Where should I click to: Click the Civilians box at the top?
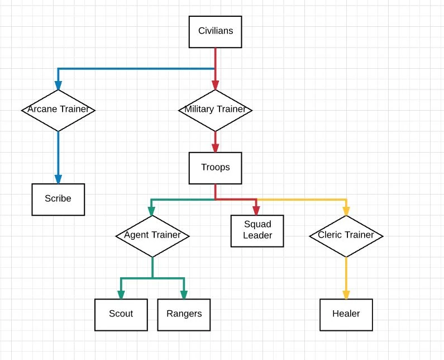tap(215, 31)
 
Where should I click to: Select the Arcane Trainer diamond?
tap(58, 110)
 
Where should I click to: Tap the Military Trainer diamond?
tap(215, 110)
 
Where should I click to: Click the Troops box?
tap(215, 167)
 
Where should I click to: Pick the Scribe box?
tap(58, 198)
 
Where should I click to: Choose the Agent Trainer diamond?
tap(152, 235)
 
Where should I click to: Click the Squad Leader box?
tap(257, 230)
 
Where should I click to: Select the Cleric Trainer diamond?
tap(346, 235)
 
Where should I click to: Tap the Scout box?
tap(121, 314)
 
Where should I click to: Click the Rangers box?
tap(184, 314)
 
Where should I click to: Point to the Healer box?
tap(346, 314)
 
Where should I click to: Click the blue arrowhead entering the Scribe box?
tap(58, 178)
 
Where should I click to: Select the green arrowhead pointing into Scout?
tap(121, 295)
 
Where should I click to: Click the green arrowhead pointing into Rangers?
tap(184, 295)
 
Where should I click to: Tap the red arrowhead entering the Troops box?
tap(215, 148)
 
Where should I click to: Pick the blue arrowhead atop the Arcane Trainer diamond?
tap(58, 85)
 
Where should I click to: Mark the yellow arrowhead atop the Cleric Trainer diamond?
tap(346, 211)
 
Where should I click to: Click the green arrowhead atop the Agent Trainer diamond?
tap(152, 211)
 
